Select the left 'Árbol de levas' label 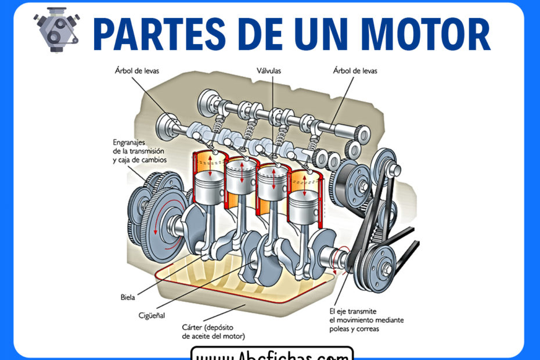137,71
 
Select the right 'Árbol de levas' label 355,71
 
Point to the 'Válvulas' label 269,71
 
